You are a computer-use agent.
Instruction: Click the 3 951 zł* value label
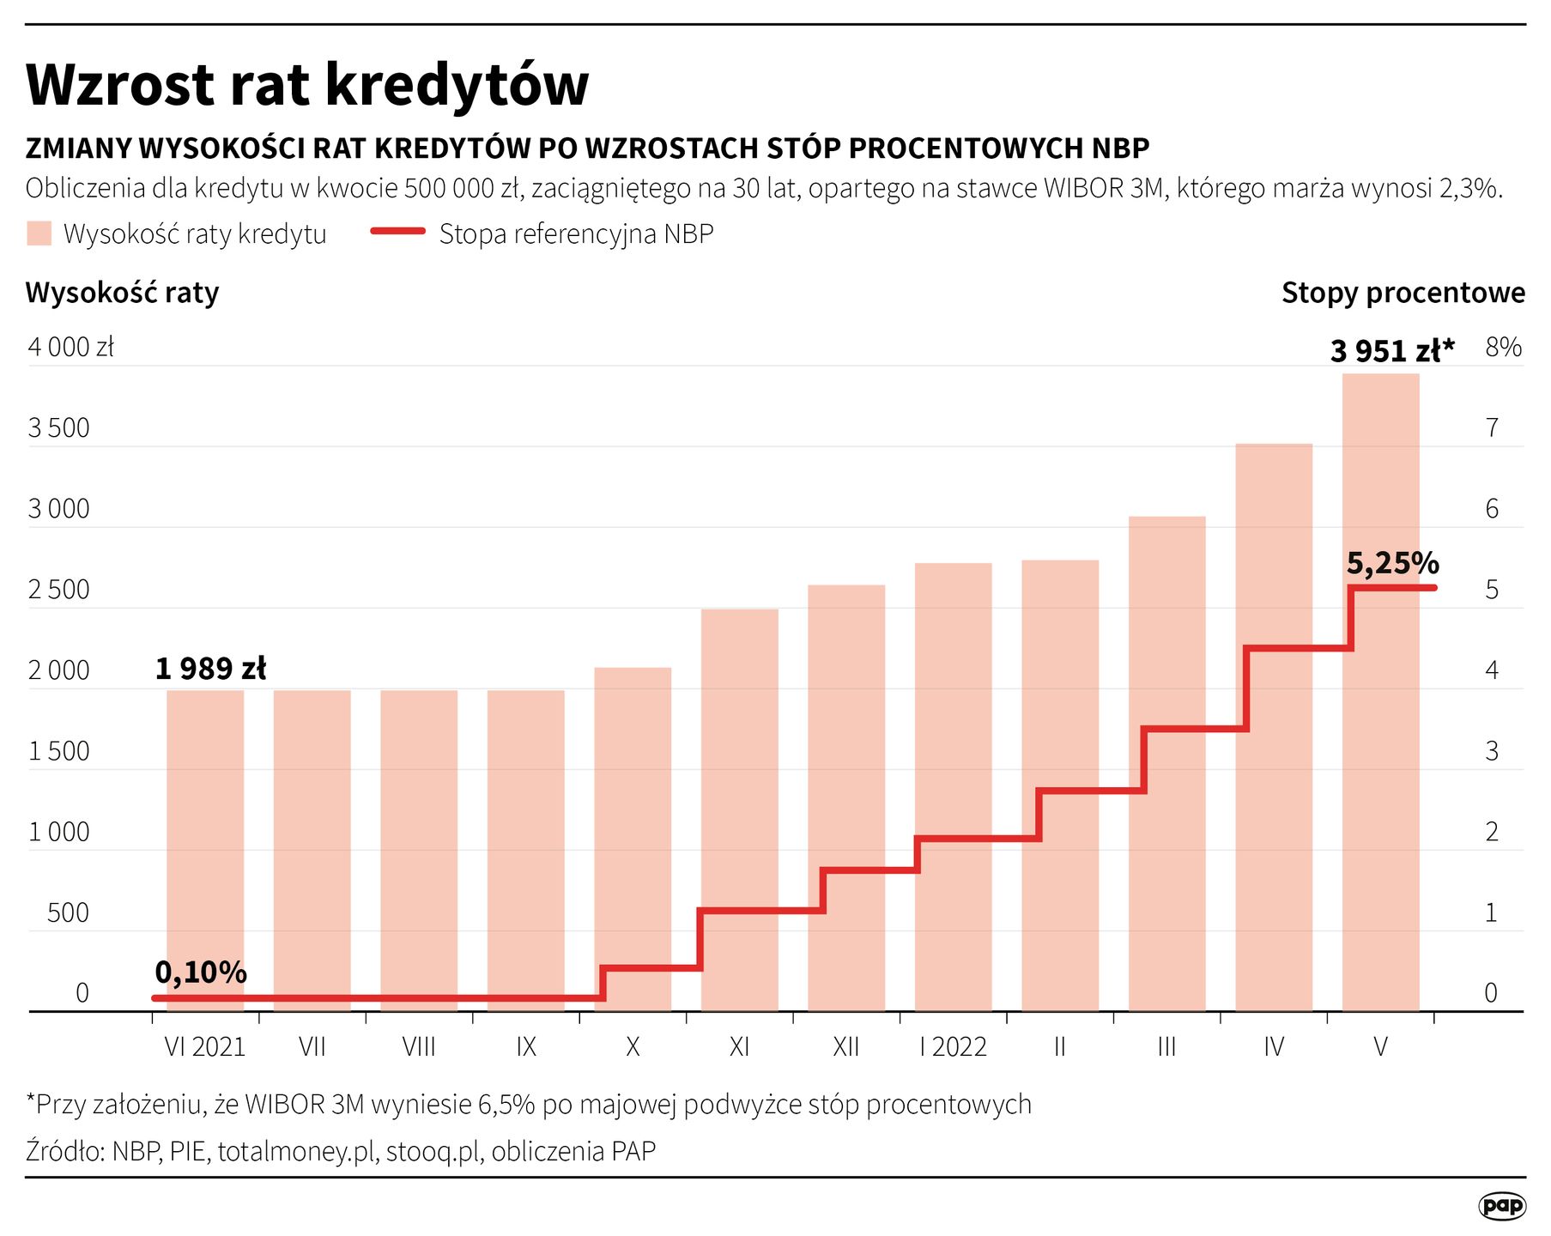pos(1391,351)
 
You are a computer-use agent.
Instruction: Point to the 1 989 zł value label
pos(210,669)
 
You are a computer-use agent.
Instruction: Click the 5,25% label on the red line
pos(1392,563)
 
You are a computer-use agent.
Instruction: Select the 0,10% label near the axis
pos(200,972)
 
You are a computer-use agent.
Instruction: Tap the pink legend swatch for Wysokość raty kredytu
pos(39,233)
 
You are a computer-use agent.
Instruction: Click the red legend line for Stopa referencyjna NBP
pos(397,232)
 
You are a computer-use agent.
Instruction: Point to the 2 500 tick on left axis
pos(58,590)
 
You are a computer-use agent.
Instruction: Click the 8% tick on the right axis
pos(1503,347)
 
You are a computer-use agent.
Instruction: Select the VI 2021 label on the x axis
pos(204,1046)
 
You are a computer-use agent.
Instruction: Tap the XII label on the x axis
pos(845,1046)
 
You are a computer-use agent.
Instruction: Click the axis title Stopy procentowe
pos(1403,293)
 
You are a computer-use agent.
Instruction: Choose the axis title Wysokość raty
pos(122,293)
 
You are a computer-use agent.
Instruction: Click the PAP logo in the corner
pos(1502,1205)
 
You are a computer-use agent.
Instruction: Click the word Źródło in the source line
pos(64,1151)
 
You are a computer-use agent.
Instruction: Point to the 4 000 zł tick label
pos(70,347)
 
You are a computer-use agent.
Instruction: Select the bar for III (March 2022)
pos(1166,763)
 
